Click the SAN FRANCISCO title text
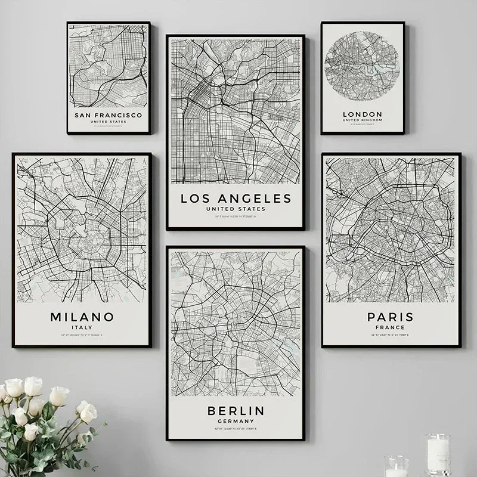click(108, 114)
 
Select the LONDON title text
click(363, 114)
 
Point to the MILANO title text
click(82, 317)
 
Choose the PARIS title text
click(390, 317)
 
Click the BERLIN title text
click(236, 410)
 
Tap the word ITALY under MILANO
click(82, 327)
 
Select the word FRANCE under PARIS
click(390, 327)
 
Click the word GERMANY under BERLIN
click(236, 421)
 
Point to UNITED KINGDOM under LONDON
click(363, 120)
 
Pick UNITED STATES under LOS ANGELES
click(236, 209)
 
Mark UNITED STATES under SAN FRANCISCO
click(108, 121)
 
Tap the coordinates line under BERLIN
click(236, 430)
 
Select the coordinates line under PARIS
click(390, 336)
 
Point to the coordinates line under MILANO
click(82, 336)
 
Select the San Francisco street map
click(108, 66)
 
